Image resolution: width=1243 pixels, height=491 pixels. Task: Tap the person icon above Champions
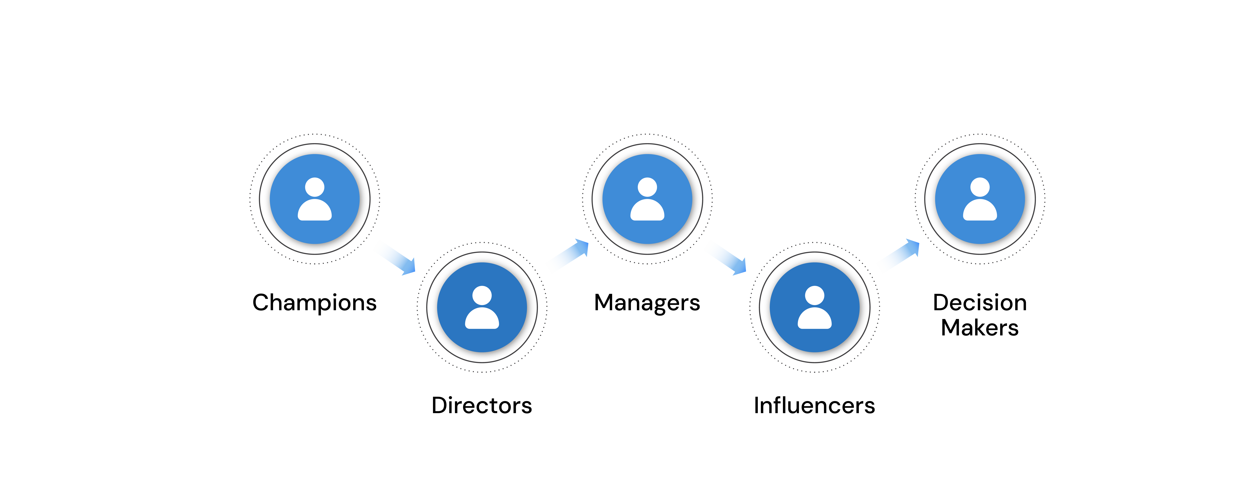click(315, 199)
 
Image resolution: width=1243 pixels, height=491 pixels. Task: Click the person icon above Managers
click(647, 199)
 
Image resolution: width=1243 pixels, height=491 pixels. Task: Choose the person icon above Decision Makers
click(980, 199)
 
